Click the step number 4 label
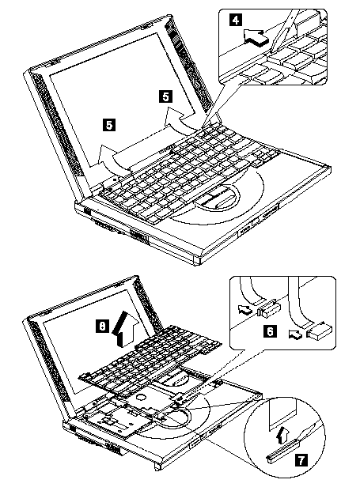(x=236, y=21)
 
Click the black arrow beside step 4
(x=256, y=38)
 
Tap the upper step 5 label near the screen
(x=165, y=96)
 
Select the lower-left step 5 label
(x=108, y=125)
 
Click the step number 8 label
(x=102, y=326)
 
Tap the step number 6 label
(x=270, y=330)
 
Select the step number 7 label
(x=301, y=460)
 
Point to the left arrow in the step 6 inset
(x=245, y=310)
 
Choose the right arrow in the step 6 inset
(x=296, y=334)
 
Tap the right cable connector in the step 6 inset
(x=320, y=332)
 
